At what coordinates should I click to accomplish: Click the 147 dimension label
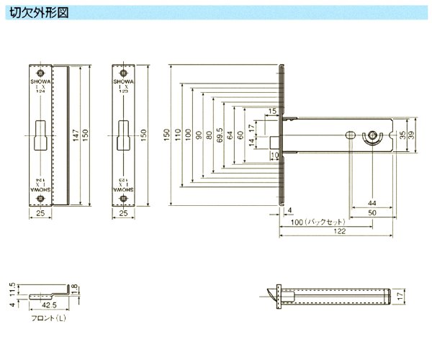tap(75, 135)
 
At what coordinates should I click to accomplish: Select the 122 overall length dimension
tap(340, 233)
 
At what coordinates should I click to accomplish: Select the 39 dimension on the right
tap(412, 135)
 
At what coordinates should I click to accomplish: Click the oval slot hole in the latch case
tap(350, 135)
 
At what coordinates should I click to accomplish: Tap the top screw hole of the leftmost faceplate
tap(40, 73)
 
